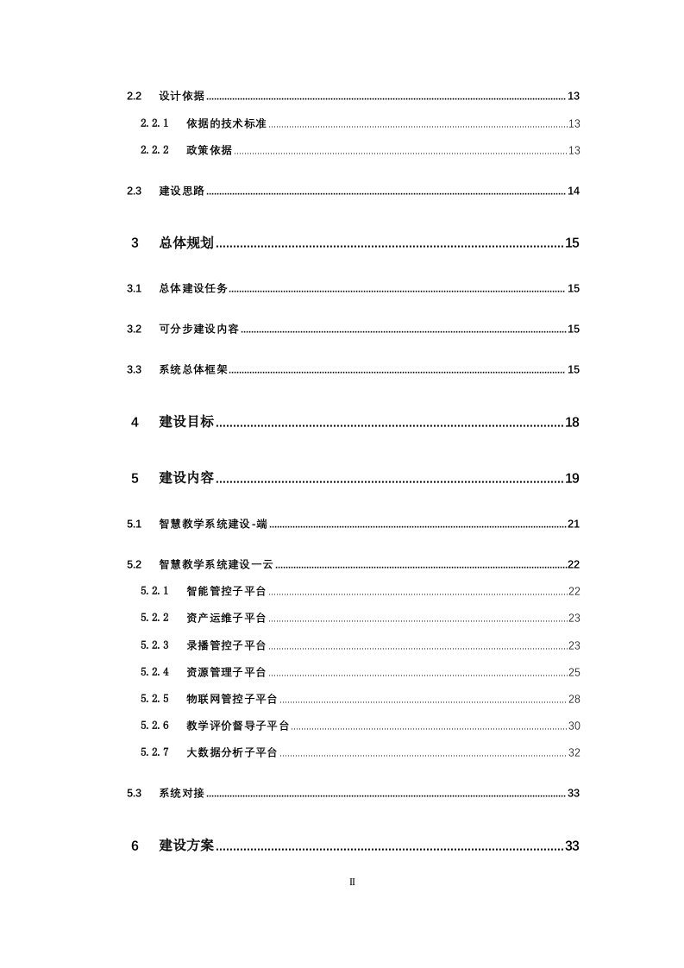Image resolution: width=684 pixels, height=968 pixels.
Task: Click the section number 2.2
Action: click(x=134, y=96)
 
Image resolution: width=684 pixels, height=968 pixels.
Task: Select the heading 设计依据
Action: click(x=181, y=96)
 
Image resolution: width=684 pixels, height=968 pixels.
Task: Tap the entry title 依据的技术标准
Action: click(x=227, y=123)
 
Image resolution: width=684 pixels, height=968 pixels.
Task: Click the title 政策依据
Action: click(x=209, y=150)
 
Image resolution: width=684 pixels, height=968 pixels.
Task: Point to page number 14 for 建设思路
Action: click(x=573, y=191)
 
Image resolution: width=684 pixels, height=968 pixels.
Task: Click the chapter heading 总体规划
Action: click(x=186, y=243)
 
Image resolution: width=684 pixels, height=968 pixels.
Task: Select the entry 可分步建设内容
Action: click(x=198, y=329)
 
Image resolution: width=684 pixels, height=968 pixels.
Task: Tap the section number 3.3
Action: click(x=134, y=369)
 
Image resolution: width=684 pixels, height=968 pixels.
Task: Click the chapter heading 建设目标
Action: click(x=186, y=422)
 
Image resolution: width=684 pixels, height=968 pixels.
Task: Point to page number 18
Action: click(x=572, y=422)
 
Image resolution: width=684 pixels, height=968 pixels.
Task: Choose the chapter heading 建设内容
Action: click(x=186, y=478)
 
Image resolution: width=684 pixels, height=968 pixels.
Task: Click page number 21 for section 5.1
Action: click(x=573, y=524)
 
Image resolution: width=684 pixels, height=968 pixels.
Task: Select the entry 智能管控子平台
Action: click(x=226, y=591)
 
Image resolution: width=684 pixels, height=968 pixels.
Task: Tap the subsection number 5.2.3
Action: click(x=155, y=644)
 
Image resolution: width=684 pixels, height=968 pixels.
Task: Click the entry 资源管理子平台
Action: click(x=226, y=672)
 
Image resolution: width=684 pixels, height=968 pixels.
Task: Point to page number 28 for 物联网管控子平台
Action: click(x=574, y=699)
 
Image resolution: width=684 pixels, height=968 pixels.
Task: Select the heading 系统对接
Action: click(x=181, y=793)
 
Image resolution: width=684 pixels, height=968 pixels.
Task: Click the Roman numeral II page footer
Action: click(x=352, y=882)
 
